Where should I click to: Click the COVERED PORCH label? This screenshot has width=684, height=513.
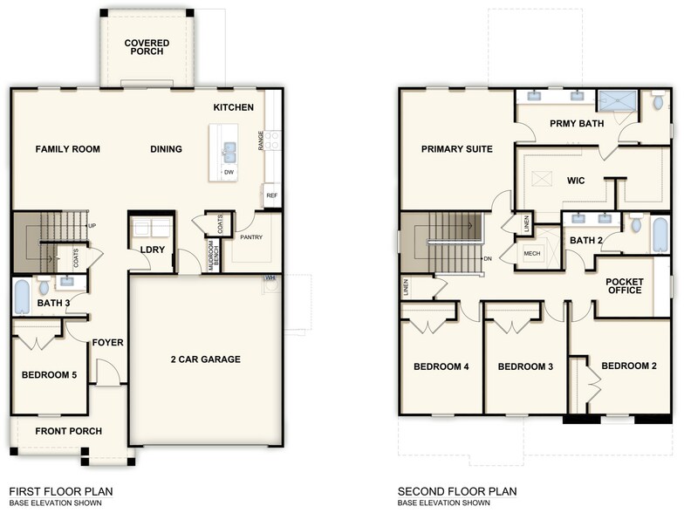point(146,48)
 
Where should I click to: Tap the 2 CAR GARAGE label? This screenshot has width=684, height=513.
point(205,359)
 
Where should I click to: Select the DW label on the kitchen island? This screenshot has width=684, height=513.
point(229,172)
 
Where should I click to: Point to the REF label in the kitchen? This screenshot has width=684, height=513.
point(271,195)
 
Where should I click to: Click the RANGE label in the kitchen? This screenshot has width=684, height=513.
point(261,141)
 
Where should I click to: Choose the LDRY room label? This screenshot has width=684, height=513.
point(153,250)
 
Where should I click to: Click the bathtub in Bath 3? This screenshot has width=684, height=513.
point(22,295)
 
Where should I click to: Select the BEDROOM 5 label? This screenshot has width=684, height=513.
point(49,375)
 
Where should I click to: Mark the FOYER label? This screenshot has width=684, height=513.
point(108,343)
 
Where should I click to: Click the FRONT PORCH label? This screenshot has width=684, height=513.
point(68,431)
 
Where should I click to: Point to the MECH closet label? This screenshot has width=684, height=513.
point(532,253)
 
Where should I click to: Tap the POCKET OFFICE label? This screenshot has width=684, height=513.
point(624,285)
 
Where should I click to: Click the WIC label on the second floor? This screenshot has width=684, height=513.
point(575,181)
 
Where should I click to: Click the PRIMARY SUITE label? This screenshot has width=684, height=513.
point(456,149)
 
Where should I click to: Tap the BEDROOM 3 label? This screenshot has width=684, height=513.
point(525,366)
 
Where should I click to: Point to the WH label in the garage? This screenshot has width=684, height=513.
point(271,278)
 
